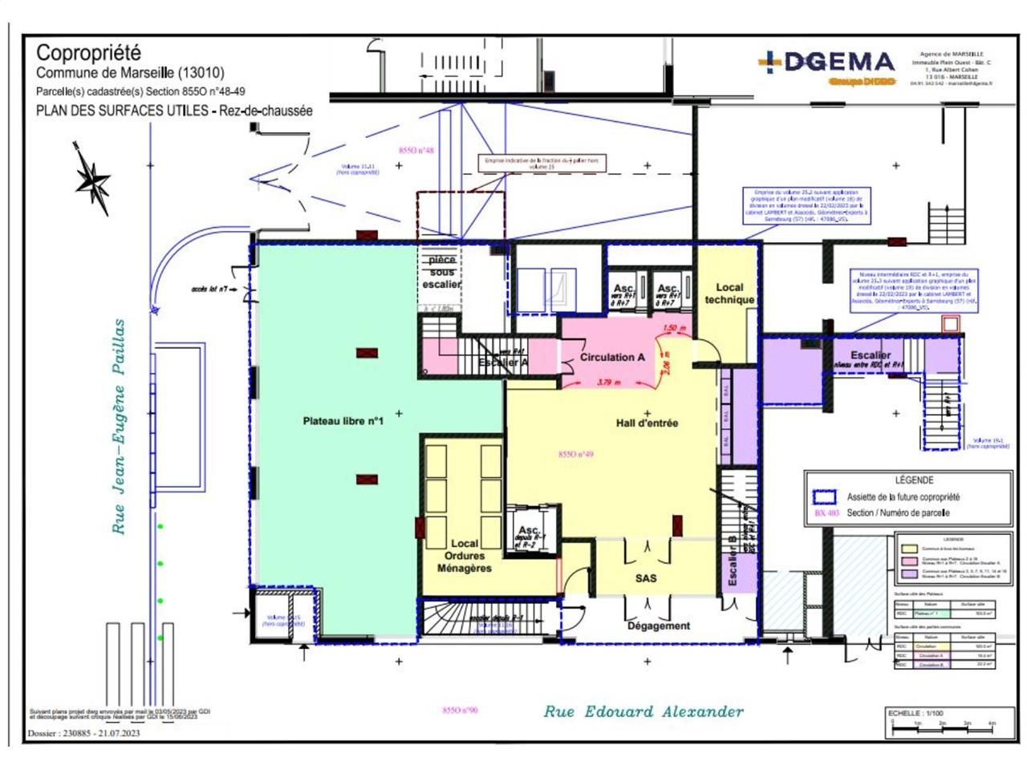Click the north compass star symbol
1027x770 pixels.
coord(92,178)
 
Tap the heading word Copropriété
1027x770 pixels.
coord(89,53)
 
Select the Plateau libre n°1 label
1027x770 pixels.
coord(343,421)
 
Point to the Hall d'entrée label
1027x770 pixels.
coord(647,423)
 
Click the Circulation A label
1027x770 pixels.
coord(612,358)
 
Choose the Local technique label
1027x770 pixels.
coord(729,294)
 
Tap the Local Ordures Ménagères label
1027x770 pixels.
coord(464,556)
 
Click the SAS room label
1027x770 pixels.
coord(646,577)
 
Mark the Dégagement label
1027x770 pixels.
coord(658,626)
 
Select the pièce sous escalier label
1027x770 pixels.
coord(442,272)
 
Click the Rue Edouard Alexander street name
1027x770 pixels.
coord(643,711)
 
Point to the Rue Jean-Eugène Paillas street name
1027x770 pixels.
coord(119,427)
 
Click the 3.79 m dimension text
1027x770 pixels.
coord(609,383)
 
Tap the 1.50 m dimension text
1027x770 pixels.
coord(674,329)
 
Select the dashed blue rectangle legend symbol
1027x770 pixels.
coord(824,496)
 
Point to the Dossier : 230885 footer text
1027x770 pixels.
coord(83,733)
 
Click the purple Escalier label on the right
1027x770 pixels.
coord(871,355)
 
